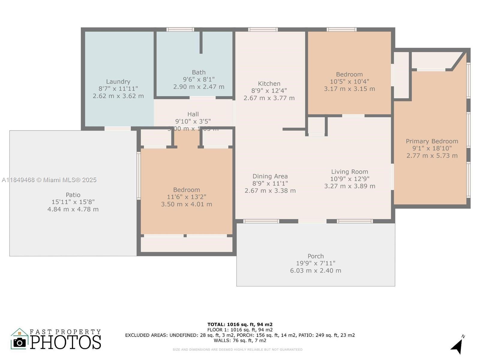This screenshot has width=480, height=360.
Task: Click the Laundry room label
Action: click(x=118, y=82)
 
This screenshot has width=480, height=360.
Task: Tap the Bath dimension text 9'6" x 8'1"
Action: click(x=199, y=79)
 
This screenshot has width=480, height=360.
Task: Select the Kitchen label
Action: click(x=269, y=84)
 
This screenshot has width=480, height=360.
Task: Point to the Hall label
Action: click(x=193, y=114)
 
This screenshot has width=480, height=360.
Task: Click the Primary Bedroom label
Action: click(x=432, y=141)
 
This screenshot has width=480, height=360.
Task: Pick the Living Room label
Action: click(x=349, y=172)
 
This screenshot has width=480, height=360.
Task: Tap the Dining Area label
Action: click(x=270, y=176)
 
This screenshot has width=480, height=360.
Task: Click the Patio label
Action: click(x=73, y=195)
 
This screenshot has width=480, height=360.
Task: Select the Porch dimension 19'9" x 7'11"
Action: click(x=316, y=263)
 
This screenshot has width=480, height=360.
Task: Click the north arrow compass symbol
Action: click(x=457, y=346)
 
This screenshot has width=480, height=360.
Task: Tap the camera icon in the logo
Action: click(x=20, y=343)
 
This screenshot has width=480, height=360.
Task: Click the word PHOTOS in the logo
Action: click(x=65, y=342)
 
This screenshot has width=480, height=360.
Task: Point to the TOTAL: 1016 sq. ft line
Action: click(x=240, y=324)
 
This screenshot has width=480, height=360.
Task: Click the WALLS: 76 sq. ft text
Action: click(x=240, y=340)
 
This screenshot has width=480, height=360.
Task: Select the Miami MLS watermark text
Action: click(x=49, y=180)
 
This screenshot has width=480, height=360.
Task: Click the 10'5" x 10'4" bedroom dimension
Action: click(x=349, y=82)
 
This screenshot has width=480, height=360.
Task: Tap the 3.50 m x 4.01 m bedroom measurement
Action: click(x=186, y=204)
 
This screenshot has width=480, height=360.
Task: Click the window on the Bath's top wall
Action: click(x=180, y=29)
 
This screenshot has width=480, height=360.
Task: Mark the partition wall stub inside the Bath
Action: click(x=201, y=42)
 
